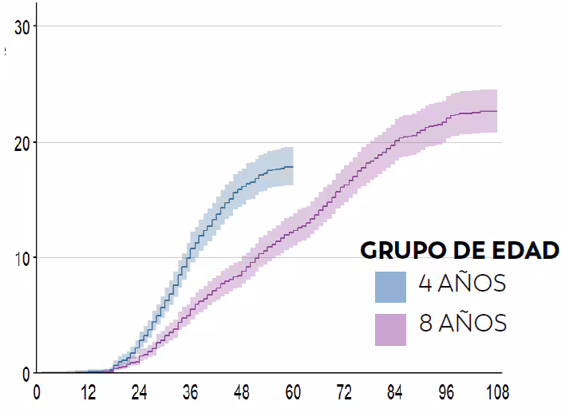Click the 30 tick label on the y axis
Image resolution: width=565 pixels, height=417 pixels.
click(22, 26)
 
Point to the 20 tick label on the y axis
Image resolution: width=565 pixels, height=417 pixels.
click(22, 143)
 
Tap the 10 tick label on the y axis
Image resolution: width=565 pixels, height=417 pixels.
click(22, 258)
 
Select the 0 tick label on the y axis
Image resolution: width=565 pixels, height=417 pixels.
click(26, 373)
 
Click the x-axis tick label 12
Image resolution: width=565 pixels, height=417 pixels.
click(88, 392)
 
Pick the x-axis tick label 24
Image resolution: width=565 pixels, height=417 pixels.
click(139, 392)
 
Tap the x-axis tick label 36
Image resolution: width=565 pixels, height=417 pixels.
click(191, 392)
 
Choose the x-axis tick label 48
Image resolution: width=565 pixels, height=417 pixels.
click(242, 392)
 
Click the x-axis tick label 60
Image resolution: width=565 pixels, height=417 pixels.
click(293, 392)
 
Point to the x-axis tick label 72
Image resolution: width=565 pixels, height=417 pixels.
click(344, 392)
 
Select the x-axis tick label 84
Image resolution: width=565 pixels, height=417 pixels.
click(395, 392)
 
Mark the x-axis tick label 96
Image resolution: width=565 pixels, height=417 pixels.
click(446, 392)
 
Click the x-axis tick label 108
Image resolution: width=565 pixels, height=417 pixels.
click(496, 392)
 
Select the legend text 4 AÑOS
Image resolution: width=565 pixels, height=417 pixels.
click(462, 284)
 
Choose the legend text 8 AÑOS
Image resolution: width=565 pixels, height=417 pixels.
click(462, 324)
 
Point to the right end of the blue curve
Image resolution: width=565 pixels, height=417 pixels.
click(293, 166)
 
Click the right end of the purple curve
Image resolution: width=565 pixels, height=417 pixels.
click(497, 111)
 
